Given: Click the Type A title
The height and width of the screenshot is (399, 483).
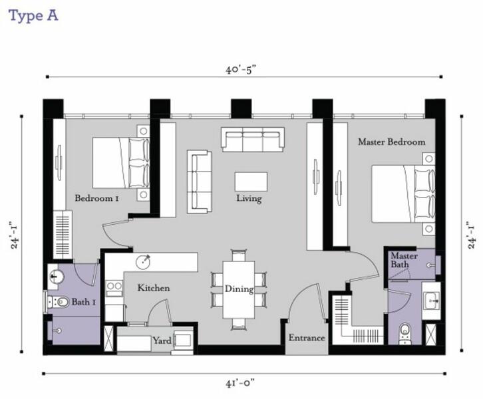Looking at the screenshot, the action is pos(33,16).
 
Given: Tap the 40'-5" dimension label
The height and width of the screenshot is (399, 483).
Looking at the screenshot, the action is pos(241,70).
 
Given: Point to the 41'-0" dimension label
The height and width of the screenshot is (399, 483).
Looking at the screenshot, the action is pos(240,383).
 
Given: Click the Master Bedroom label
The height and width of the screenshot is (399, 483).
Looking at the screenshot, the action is pos(391,142).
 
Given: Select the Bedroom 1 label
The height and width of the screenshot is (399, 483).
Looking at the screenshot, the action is pos(96,198).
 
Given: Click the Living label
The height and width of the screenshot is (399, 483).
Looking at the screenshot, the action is pos(249,198).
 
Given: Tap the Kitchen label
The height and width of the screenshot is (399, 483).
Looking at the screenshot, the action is pos(154,288).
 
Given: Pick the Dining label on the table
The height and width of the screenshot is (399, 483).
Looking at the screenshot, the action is pos(239,289).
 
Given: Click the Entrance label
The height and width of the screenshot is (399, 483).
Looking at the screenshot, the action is pos(307,338).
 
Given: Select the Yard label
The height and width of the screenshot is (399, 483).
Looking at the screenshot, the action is pos(162,340).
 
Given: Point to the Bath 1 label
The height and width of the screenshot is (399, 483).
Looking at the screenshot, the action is pos(83,302).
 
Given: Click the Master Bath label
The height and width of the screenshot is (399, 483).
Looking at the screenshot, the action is pos(404,260).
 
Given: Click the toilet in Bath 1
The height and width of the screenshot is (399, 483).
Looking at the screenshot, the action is pos(59,302).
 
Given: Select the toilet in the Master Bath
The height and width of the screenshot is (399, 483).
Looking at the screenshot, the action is pos(404,334).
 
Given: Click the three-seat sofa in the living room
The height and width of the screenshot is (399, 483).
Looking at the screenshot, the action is pos(253,140).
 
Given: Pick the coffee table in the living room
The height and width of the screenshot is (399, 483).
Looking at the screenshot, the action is pos(251,182).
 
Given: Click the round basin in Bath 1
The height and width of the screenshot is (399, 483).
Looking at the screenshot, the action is pos(55,276).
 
